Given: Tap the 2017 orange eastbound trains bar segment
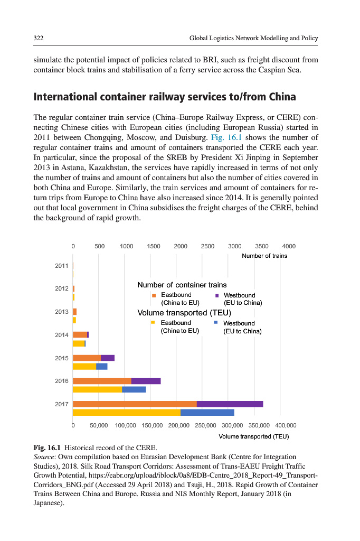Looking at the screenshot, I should pyautogui.click(x=135, y=404).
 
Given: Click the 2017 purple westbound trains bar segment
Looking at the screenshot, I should pyautogui.click(x=230, y=404).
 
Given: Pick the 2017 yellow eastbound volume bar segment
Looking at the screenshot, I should pyautogui.click(x=127, y=412).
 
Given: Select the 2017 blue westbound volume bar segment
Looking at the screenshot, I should pyautogui.click(x=207, y=412).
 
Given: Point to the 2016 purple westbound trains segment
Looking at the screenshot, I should pyautogui.click(x=146, y=381).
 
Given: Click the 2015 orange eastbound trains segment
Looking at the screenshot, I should pyautogui.click(x=87, y=358).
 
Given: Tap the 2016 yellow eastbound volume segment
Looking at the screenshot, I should pyautogui.click(x=97, y=389).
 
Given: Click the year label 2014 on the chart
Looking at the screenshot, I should pyautogui.click(x=62, y=335).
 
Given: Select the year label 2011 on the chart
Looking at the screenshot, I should pyautogui.click(x=62, y=266).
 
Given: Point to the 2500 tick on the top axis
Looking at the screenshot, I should pyautogui.click(x=207, y=246).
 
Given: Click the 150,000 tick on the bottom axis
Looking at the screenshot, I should pyautogui.click(x=153, y=425).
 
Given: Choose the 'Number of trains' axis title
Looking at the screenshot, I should pyautogui.click(x=264, y=256).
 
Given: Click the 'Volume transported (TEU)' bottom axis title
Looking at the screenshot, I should pyautogui.click(x=253, y=436).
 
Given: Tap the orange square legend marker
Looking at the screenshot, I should pyautogui.click(x=154, y=295).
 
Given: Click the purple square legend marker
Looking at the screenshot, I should pyautogui.click(x=217, y=295).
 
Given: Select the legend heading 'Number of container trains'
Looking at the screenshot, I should pyautogui.click(x=182, y=285).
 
